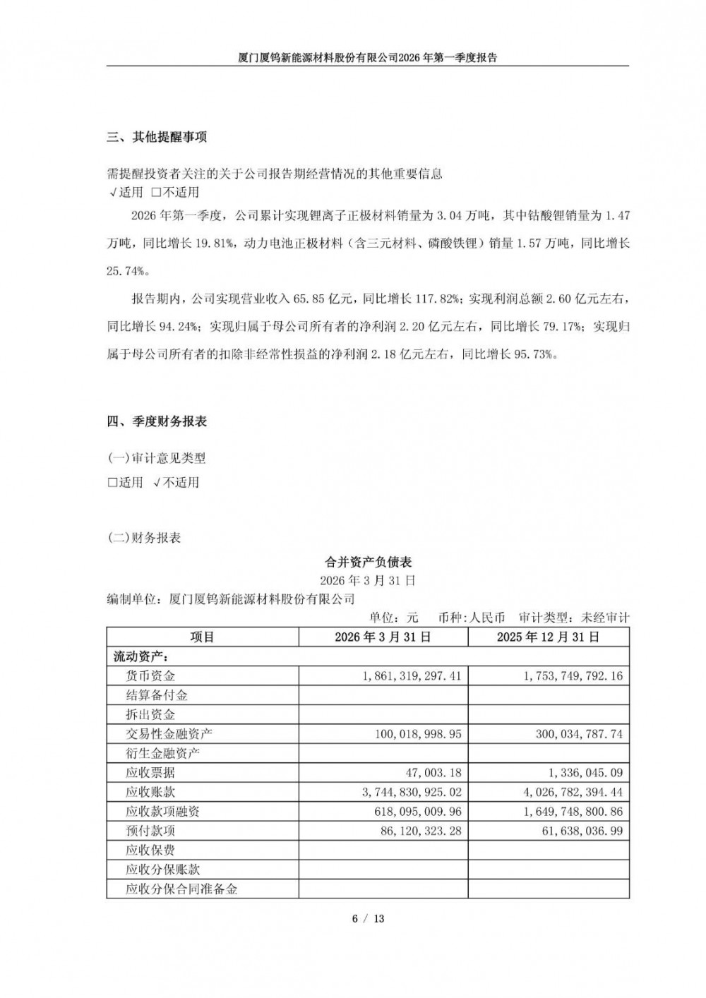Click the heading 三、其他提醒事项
[157, 137]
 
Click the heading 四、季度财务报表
[157, 422]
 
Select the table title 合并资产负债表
[368, 563]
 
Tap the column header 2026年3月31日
[383, 637]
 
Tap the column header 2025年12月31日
[548, 637]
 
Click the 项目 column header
[202, 637]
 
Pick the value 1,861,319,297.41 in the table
[412, 676]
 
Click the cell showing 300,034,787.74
[573, 734]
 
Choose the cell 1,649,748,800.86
[573, 812]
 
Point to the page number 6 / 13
[368, 918]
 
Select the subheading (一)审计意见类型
[156, 459]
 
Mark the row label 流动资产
[138, 656]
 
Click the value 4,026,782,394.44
[573, 793]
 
